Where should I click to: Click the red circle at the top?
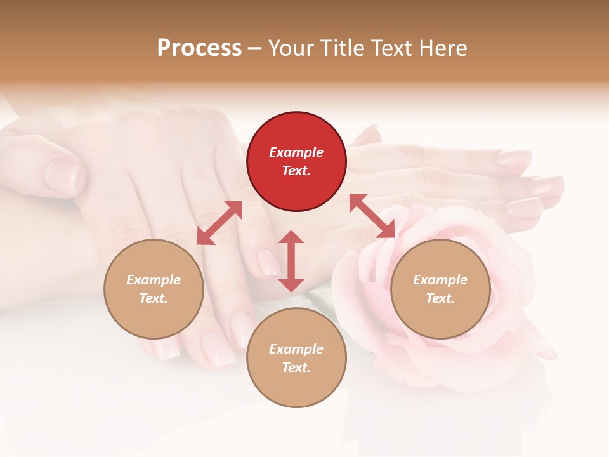296,162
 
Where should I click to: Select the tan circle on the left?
154,289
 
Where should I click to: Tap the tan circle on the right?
440,289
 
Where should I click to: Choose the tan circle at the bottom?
296,358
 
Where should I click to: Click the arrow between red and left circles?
219,223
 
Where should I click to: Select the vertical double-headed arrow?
291,261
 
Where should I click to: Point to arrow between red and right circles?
372,216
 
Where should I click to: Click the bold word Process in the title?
199,48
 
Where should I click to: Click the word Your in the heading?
289,48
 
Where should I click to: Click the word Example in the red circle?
296,152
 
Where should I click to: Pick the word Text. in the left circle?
154,298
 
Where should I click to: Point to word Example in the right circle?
440,280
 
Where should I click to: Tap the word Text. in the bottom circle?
296,368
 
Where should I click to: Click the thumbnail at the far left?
63,176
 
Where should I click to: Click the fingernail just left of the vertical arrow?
268,261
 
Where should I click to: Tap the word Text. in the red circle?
296,171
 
